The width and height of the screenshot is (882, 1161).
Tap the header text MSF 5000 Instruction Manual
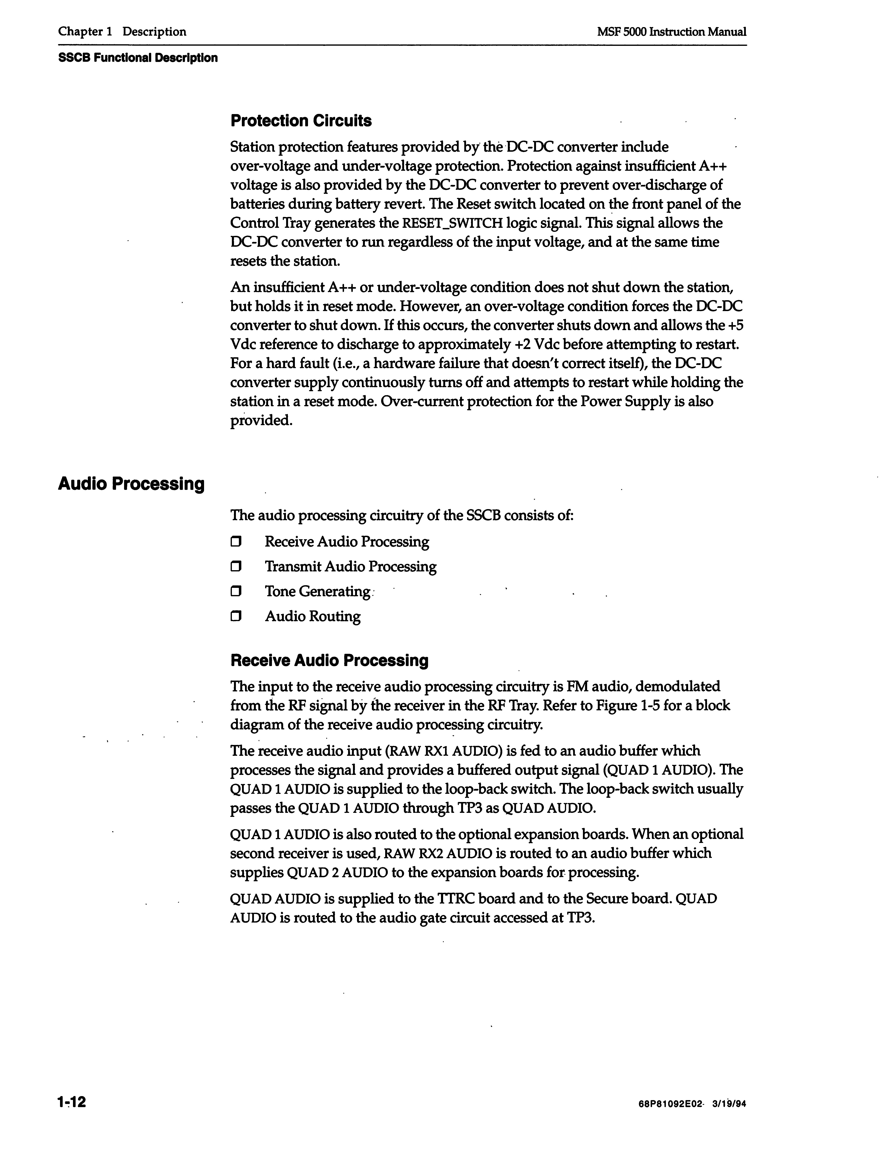[671, 32]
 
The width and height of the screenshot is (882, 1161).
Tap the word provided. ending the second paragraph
[261, 421]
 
